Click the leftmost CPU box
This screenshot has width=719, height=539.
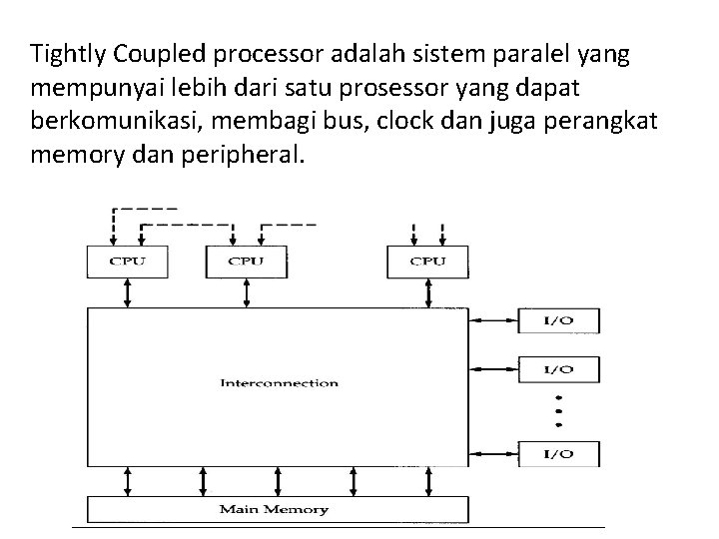pos(127,262)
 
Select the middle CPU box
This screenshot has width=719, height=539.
pos(246,262)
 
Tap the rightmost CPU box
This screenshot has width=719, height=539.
pos(428,262)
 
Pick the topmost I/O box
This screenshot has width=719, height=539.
pos(558,320)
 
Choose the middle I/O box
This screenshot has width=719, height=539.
pos(558,368)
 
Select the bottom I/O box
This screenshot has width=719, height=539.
pos(558,453)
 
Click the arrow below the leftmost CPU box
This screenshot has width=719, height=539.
pos(127,291)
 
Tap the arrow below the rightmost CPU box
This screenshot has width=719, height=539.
pos(428,291)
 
